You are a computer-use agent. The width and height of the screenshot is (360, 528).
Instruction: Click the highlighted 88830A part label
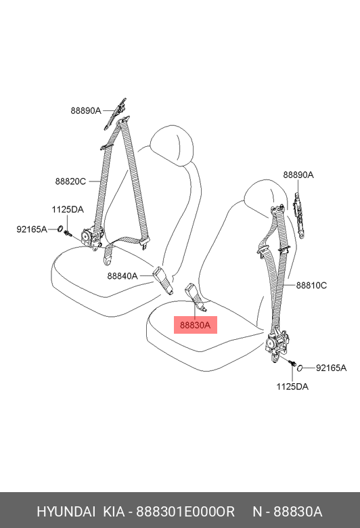196,325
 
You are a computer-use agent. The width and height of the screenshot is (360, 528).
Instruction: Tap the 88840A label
122,276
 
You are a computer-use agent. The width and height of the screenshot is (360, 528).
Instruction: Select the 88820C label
70,181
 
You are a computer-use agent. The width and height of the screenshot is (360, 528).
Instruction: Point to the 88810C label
311,286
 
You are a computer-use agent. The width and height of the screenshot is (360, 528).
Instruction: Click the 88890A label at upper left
86,110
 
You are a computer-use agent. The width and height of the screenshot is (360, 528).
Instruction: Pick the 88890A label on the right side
298,175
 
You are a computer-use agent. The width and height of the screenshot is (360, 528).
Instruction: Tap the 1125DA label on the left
68,209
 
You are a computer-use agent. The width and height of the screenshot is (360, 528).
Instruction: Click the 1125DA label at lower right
292,387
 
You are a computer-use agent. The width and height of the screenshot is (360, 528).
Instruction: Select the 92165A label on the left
32,229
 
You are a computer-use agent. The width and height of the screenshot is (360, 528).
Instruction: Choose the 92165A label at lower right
331,368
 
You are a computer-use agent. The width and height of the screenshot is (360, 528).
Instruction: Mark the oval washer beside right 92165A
300,368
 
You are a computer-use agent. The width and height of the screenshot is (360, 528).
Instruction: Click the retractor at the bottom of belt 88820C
92,238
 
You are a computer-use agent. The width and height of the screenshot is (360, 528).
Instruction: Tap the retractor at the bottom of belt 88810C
277,345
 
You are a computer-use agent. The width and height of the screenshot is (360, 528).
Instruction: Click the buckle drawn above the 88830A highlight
196,296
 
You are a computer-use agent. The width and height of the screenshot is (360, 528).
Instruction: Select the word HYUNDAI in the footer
66,512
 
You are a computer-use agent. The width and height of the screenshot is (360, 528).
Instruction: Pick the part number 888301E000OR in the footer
185,512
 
